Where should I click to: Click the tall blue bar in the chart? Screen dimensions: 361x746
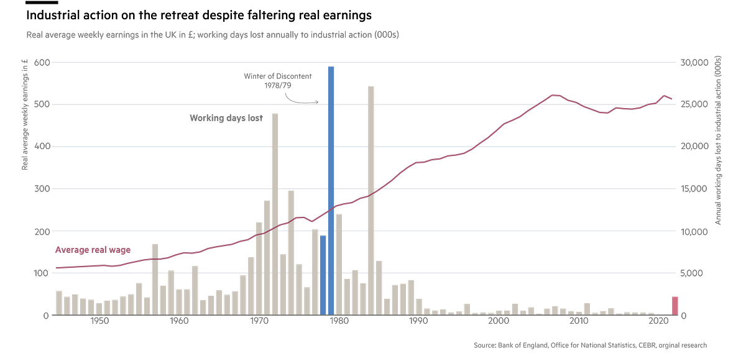coord(331,186)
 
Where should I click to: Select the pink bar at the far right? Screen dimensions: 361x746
coord(675,304)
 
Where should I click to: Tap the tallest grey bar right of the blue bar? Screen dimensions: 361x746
coord(371,199)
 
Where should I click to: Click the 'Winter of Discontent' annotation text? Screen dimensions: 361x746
coord(277,80)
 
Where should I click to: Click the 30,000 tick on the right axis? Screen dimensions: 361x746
coord(694,63)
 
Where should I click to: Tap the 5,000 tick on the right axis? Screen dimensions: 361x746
coord(694,273)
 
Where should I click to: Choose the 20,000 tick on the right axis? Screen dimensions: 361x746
coord(694,147)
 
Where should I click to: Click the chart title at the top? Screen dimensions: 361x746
coord(212,35)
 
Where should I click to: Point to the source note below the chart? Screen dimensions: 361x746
coord(590,344)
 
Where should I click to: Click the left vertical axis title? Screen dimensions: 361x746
coord(25,112)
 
